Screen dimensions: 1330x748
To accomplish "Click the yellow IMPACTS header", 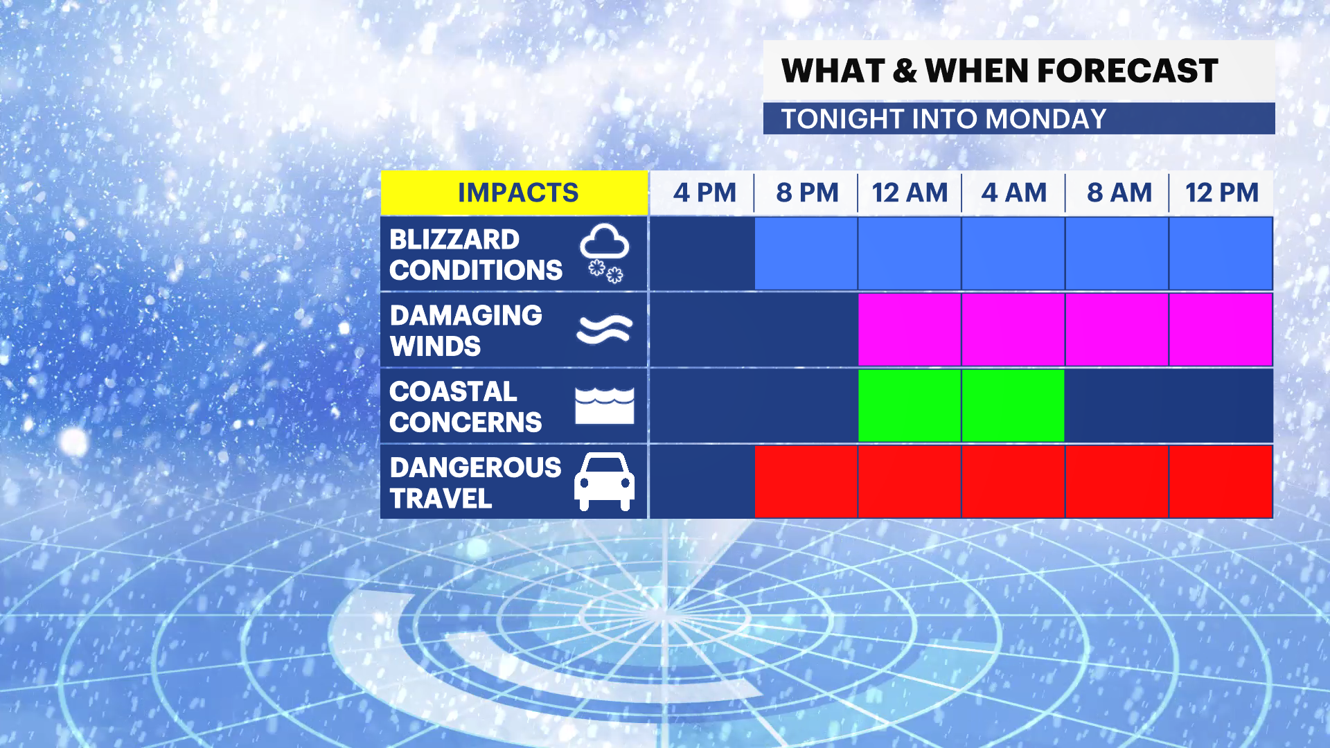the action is click(x=514, y=193).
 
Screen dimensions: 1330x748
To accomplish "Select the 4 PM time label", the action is click(x=704, y=193).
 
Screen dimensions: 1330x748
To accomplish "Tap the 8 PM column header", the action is click(x=807, y=193).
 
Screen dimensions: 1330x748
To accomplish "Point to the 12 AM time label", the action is click(x=910, y=193).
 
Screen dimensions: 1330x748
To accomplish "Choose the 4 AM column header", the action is click(x=1014, y=193).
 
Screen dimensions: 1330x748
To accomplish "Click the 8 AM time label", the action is click(x=1119, y=193).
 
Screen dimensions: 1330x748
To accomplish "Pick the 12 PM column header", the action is click(x=1222, y=193).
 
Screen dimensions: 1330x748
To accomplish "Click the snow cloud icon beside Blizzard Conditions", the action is click(x=605, y=253).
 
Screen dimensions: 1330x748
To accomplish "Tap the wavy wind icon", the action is click(x=605, y=329).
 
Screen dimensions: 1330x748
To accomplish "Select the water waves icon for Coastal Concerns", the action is click(x=605, y=405).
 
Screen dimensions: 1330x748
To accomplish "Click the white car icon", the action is click(x=604, y=481).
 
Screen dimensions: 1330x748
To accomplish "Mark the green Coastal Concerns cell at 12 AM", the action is click(x=910, y=405).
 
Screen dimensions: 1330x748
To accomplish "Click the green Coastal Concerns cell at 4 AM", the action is click(x=1013, y=405).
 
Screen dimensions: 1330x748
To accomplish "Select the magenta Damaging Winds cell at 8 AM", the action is click(x=1117, y=329).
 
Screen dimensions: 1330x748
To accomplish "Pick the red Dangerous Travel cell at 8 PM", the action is click(x=806, y=481).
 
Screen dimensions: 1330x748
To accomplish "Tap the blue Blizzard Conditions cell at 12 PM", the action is click(x=1221, y=253).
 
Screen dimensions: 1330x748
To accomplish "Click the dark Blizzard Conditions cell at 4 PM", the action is click(x=702, y=253).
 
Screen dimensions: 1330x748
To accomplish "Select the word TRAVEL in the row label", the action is click(x=441, y=498).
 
